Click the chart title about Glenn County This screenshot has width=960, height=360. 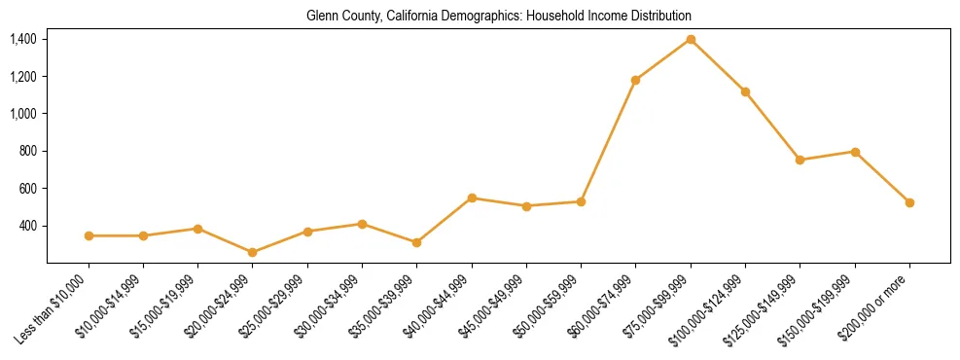[x=498, y=16]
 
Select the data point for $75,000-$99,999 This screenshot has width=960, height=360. [x=691, y=39]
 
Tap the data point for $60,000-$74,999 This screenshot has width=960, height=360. [x=635, y=80]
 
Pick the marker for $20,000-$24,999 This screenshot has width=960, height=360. [x=253, y=252]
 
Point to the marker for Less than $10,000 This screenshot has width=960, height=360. [x=89, y=235]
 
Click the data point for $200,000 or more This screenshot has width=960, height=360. [x=909, y=202]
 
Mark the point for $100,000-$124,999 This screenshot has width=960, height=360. [x=745, y=91]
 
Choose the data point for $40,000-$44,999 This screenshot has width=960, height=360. [x=472, y=198]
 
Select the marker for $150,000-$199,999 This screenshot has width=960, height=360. [x=855, y=152]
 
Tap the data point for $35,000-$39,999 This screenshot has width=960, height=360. [x=416, y=242]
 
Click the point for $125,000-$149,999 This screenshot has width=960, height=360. [x=800, y=160]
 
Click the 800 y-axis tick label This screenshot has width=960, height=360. [x=27, y=151]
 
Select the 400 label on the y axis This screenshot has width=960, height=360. [x=27, y=226]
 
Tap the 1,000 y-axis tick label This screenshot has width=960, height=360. [x=23, y=114]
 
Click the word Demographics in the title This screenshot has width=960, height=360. [x=467, y=16]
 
